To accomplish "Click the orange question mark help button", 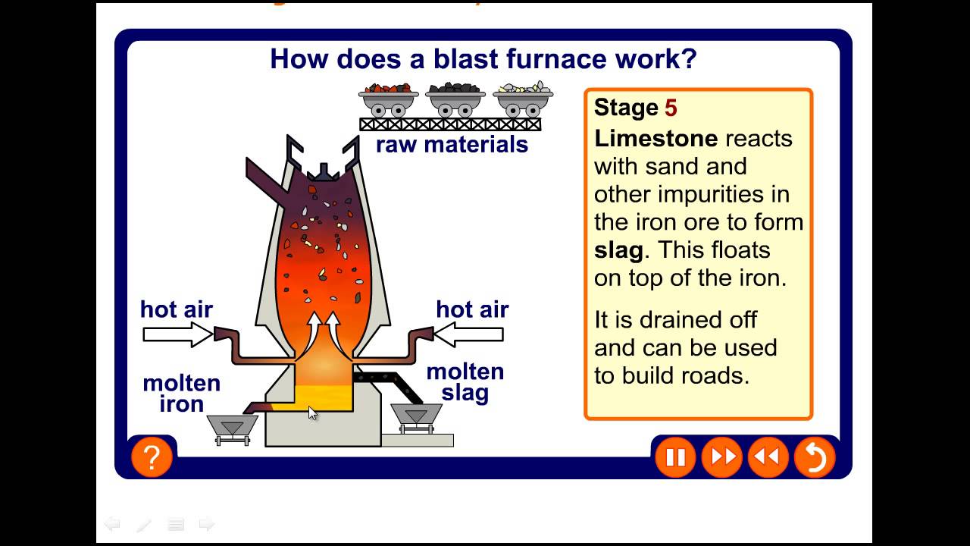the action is tap(152, 457).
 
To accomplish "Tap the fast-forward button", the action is tap(721, 457).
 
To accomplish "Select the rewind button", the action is tap(768, 457).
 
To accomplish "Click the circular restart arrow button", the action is tap(815, 457).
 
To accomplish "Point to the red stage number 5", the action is tap(671, 108).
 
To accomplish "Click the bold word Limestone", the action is tap(656, 138).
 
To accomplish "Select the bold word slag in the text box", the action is tap(618, 249).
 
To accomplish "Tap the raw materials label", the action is tap(452, 144).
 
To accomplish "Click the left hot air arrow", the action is tap(177, 334).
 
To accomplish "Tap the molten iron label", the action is tap(182, 393).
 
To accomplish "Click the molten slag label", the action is tap(465, 382).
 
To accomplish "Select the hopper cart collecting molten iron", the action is tap(232, 428).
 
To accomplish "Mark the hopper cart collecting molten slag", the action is tap(415, 416).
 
